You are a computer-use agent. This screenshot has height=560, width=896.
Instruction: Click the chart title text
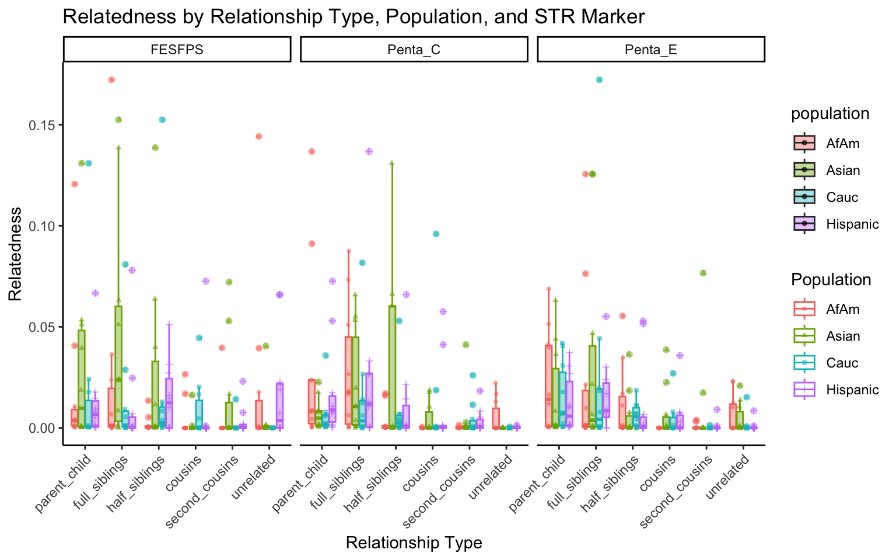click(x=353, y=16)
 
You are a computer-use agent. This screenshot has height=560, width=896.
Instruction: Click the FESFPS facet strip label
click(x=177, y=50)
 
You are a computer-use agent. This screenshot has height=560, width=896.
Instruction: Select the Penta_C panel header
click(x=414, y=50)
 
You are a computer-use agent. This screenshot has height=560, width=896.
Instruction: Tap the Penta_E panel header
click(x=650, y=50)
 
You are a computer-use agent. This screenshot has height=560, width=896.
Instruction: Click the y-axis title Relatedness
click(x=15, y=254)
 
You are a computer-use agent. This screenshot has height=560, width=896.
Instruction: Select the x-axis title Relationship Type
click(x=414, y=543)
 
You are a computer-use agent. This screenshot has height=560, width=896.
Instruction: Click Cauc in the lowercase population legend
click(x=842, y=197)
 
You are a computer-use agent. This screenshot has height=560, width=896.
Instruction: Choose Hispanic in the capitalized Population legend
click(x=852, y=390)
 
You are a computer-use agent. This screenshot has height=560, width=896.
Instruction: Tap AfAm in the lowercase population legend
click(x=842, y=143)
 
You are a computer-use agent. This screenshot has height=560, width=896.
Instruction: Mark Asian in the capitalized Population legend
click(x=843, y=336)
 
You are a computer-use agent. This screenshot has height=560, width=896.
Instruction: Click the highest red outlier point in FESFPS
click(x=111, y=80)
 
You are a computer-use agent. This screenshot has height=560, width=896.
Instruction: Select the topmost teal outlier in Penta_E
click(x=599, y=80)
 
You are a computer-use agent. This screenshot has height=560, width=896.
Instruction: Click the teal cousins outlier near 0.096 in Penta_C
click(x=436, y=234)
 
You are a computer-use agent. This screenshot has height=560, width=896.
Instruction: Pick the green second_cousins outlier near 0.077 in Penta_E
click(x=703, y=273)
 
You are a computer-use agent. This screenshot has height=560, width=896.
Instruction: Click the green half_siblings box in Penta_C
click(x=392, y=366)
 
